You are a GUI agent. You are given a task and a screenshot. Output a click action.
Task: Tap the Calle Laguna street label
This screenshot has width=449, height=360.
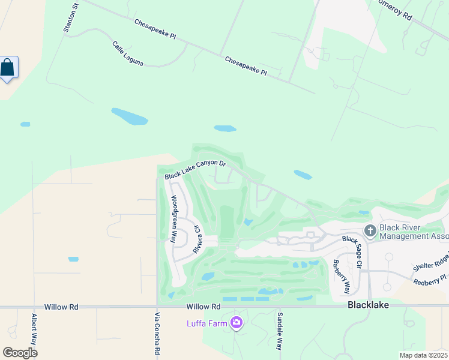coord(127,53)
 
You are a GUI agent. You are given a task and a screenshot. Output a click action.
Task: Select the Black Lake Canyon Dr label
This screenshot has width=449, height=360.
coord(195,170)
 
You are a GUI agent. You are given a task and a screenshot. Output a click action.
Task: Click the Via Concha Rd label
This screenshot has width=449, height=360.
coord(157,334)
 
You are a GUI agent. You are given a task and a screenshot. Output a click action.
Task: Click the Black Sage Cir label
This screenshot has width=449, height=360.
coord(354,251)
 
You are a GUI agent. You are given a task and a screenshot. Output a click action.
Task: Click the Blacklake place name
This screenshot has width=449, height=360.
coord(368,305)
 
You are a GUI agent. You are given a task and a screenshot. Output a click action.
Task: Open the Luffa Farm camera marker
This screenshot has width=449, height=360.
coord(237,324)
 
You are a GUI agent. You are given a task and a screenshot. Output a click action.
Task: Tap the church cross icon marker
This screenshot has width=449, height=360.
coord(370,230)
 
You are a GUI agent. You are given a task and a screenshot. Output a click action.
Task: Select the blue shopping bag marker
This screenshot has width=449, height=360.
coord(8,67)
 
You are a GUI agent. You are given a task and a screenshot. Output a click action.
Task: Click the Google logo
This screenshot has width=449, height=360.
coord(20,352)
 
